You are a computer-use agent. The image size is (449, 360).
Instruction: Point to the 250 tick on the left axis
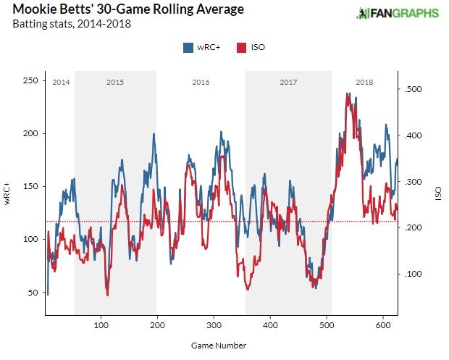point(30,80)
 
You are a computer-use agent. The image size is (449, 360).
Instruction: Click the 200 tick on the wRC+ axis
point(30,133)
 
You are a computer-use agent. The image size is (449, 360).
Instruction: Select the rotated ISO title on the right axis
point(439,196)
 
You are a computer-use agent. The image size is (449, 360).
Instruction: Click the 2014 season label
point(60,82)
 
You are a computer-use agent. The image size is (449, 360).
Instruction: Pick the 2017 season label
point(288,82)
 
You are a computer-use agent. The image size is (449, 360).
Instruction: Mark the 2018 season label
point(364,82)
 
